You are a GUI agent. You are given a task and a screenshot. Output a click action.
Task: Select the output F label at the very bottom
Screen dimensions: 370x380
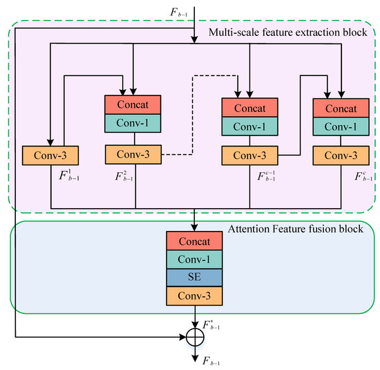pos(211,360)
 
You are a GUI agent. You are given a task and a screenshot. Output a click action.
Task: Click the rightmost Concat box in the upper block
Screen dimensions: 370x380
pos(340,109)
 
